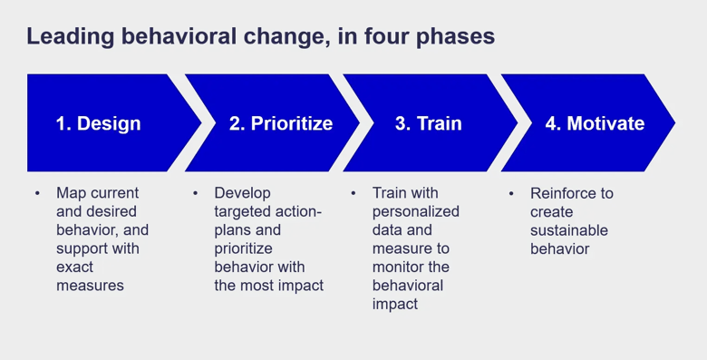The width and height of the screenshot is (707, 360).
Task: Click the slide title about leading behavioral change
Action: [x=260, y=37]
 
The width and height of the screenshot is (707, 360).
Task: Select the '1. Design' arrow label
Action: [x=99, y=123]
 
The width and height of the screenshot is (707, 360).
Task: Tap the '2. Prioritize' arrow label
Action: [x=280, y=123]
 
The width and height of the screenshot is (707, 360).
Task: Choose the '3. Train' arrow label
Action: [x=428, y=123]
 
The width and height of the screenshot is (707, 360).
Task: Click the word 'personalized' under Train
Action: [x=416, y=211]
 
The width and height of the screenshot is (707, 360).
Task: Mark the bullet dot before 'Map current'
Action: [x=37, y=194]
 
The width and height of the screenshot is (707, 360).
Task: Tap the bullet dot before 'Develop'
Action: [x=196, y=194]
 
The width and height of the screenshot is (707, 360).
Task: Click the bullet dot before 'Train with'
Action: [x=353, y=194]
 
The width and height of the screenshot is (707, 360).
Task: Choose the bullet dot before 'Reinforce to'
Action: [x=512, y=194]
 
